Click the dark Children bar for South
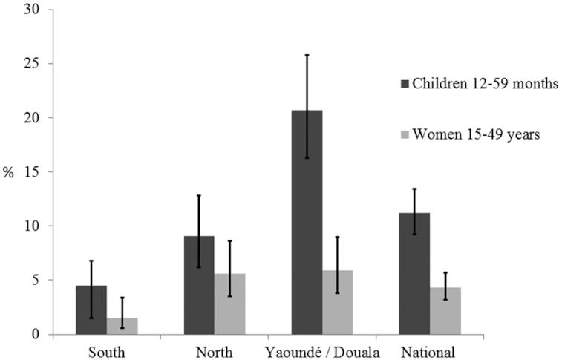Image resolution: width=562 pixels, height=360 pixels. pos(91,310)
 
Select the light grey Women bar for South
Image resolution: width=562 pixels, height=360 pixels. pos(122,326)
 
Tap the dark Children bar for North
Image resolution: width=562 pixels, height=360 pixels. pos(199,286)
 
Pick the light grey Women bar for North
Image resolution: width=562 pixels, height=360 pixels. pos(229,304)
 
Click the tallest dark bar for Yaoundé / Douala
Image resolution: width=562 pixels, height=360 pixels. pos(307,223)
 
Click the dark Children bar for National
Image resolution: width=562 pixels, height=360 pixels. pos(414,274)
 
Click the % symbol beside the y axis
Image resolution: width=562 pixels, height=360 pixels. pos(9,173)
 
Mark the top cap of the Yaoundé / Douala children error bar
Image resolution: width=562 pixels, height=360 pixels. pos(307,55)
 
